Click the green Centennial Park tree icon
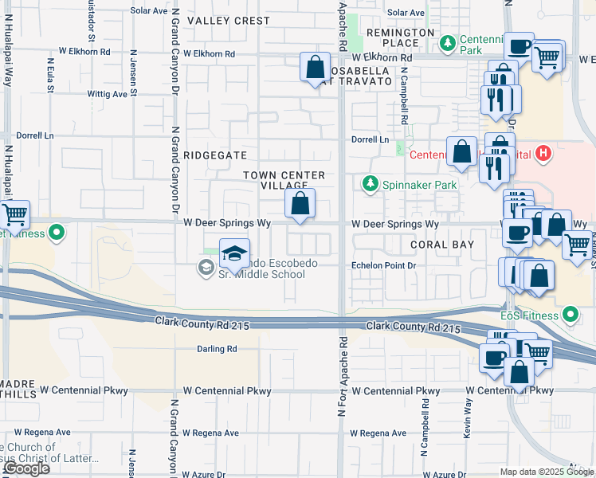[x=448, y=41]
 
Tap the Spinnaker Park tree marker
[x=370, y=185]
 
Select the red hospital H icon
[x=543, y=153]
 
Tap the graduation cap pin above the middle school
[x=234, y=254]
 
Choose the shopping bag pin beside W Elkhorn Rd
[x=316, y=67]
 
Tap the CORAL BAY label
[x=442, y=245]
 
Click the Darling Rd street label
[x=218, y=349]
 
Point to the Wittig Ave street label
[x=108, y=94]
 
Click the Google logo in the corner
[x=26, y=468]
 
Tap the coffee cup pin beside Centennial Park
[x=520, y=48]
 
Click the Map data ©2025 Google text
[x=547, y=472]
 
